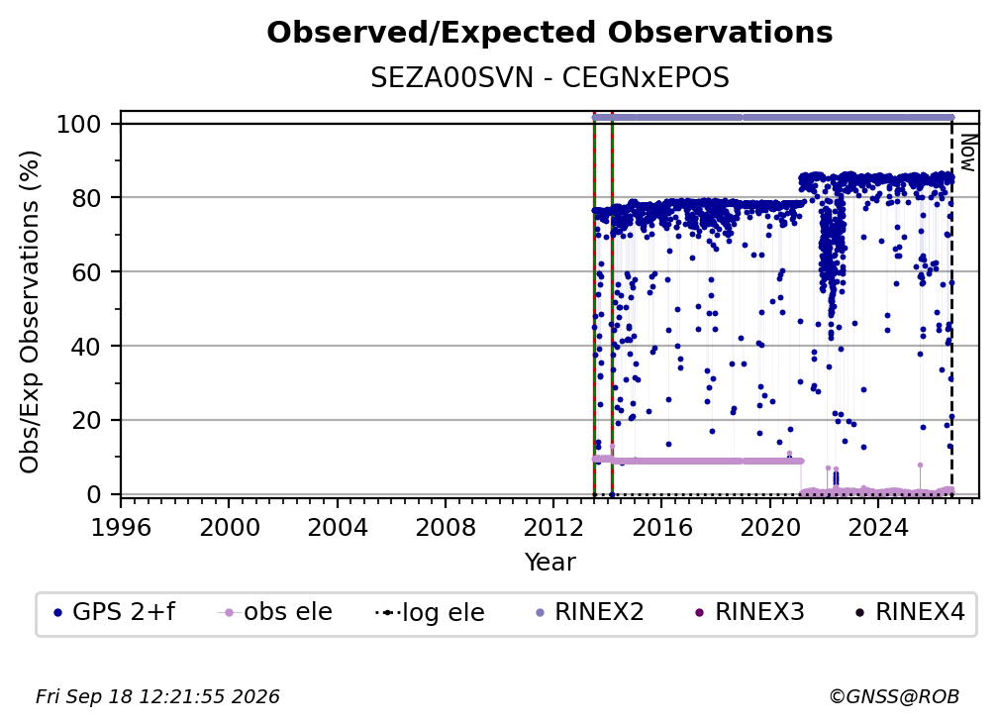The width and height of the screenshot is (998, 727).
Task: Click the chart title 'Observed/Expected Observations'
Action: [x=549, y=33]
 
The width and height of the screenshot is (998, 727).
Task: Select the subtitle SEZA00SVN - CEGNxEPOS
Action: [x=549, y=77]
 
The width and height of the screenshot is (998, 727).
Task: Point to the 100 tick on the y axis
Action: [x=79, y=124]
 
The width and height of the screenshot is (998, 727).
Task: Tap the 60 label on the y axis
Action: [x=86, y=271]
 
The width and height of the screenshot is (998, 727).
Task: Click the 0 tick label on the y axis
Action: [x=94, y=494]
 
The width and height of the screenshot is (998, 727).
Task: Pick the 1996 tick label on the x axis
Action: [x=121, y=528]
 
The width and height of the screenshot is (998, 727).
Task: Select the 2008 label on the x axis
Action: [x=445, y=528]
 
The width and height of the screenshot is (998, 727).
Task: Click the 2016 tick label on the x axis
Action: [x=661, y=528]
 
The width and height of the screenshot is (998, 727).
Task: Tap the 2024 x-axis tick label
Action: [x=877, y=528]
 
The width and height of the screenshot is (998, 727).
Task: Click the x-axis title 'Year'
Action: [x=549, y=563]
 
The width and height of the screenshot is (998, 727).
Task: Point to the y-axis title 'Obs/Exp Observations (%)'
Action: [x=30, y=312]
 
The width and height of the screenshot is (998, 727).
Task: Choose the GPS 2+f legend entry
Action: [x=115, y=612]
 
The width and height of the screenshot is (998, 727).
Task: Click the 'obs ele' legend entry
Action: [x=275, y=612]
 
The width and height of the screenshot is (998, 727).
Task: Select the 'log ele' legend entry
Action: [x=431, y=612]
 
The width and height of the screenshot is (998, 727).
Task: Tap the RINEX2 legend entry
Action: [x=590, y=612]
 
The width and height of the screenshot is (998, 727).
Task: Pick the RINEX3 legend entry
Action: [x=750, y=612]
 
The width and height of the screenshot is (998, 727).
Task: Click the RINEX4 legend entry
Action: [x=911, y=612]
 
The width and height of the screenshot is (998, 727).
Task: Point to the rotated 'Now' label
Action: [x=967, y=153]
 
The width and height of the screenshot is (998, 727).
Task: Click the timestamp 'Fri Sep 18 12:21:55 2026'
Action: [x=157, y=697]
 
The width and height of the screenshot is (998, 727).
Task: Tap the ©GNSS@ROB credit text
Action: [x=894, y=697]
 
